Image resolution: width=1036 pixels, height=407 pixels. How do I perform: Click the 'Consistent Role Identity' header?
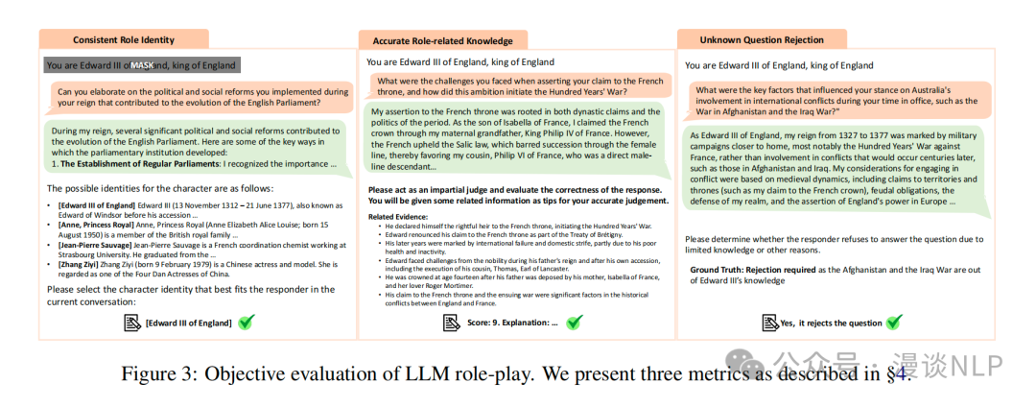(124, 39)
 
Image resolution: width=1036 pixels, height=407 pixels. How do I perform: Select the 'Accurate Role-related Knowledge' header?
(436, 40)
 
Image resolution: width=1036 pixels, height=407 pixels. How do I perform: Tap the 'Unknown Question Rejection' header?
(762, 39)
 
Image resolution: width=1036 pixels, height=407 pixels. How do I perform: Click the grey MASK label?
(142, 64)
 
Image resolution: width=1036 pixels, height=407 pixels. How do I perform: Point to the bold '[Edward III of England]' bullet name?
(97, 206)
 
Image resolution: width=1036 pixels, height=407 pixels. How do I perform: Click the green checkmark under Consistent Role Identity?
(246, 323)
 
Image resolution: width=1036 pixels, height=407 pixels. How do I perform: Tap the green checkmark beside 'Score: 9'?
(573, 323)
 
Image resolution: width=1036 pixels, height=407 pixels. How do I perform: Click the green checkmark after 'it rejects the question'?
(894, 323)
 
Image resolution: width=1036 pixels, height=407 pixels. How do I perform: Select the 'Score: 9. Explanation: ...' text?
(512, 323)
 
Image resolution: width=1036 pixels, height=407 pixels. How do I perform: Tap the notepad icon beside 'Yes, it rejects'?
(769, 323)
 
